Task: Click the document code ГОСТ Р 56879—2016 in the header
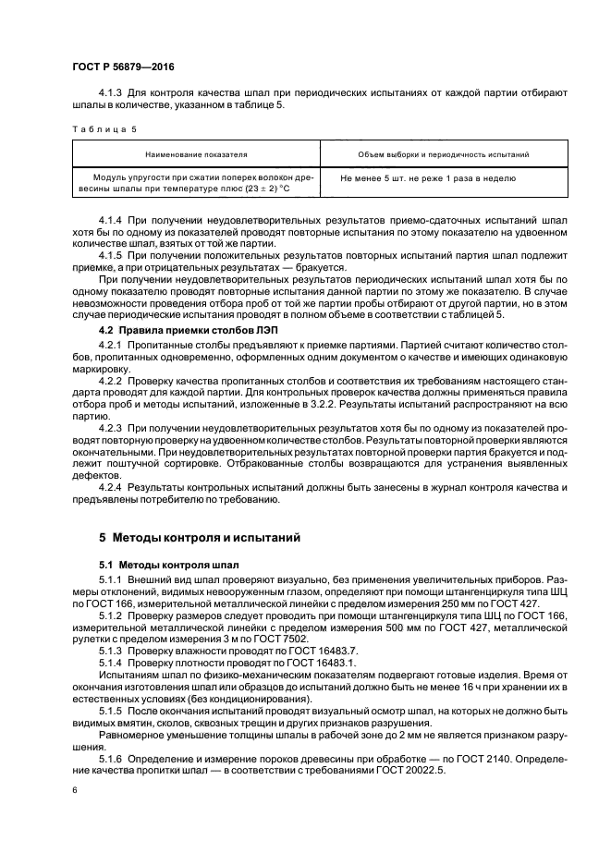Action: [x=122, y=67]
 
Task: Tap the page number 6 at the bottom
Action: [x=74, y=790]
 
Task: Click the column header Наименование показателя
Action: [x=195, y=154]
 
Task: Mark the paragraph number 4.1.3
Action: [x=111, y=93]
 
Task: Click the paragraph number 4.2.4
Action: [x=111, y=486]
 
